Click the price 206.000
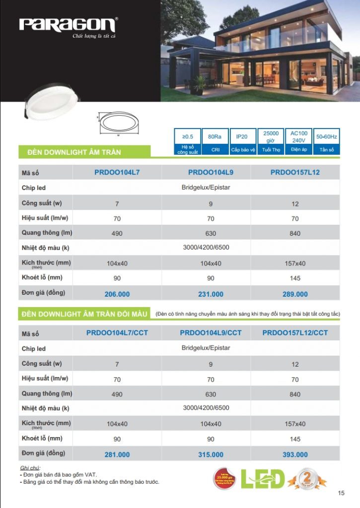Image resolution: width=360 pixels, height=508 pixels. (x=117, y=294)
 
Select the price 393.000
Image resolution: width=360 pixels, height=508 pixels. (x=295, y=454)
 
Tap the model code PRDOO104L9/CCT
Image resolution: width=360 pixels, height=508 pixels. (x=211, y=332)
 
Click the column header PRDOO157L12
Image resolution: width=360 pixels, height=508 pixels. (x=295, y=172)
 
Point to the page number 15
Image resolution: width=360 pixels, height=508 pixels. (x=341, y=493)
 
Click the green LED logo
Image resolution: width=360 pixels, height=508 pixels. (x=263, y=478)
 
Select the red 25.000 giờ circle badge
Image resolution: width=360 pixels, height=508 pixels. (x=225, y=477)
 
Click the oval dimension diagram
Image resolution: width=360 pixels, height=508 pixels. (x=119, y=122)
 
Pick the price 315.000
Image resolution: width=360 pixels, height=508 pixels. (x=211, y=454)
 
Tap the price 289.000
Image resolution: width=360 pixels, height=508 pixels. (x=295, y=294)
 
